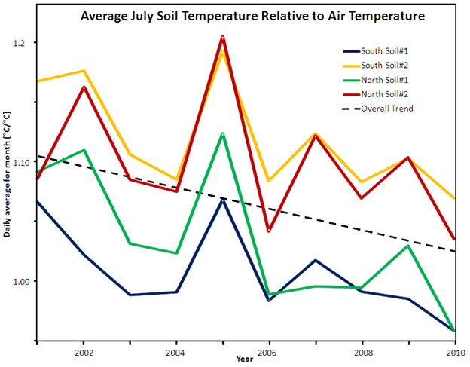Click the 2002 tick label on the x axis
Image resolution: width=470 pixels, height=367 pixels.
[x=84, y=352]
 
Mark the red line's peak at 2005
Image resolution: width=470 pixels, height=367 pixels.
[x=222, y=36]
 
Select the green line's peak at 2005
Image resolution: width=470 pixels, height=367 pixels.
[x=222, y=133]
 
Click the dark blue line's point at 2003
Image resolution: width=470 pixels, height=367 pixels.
[x=130, y=295]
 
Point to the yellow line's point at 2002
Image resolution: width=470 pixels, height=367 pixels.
[x=84, y=71]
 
